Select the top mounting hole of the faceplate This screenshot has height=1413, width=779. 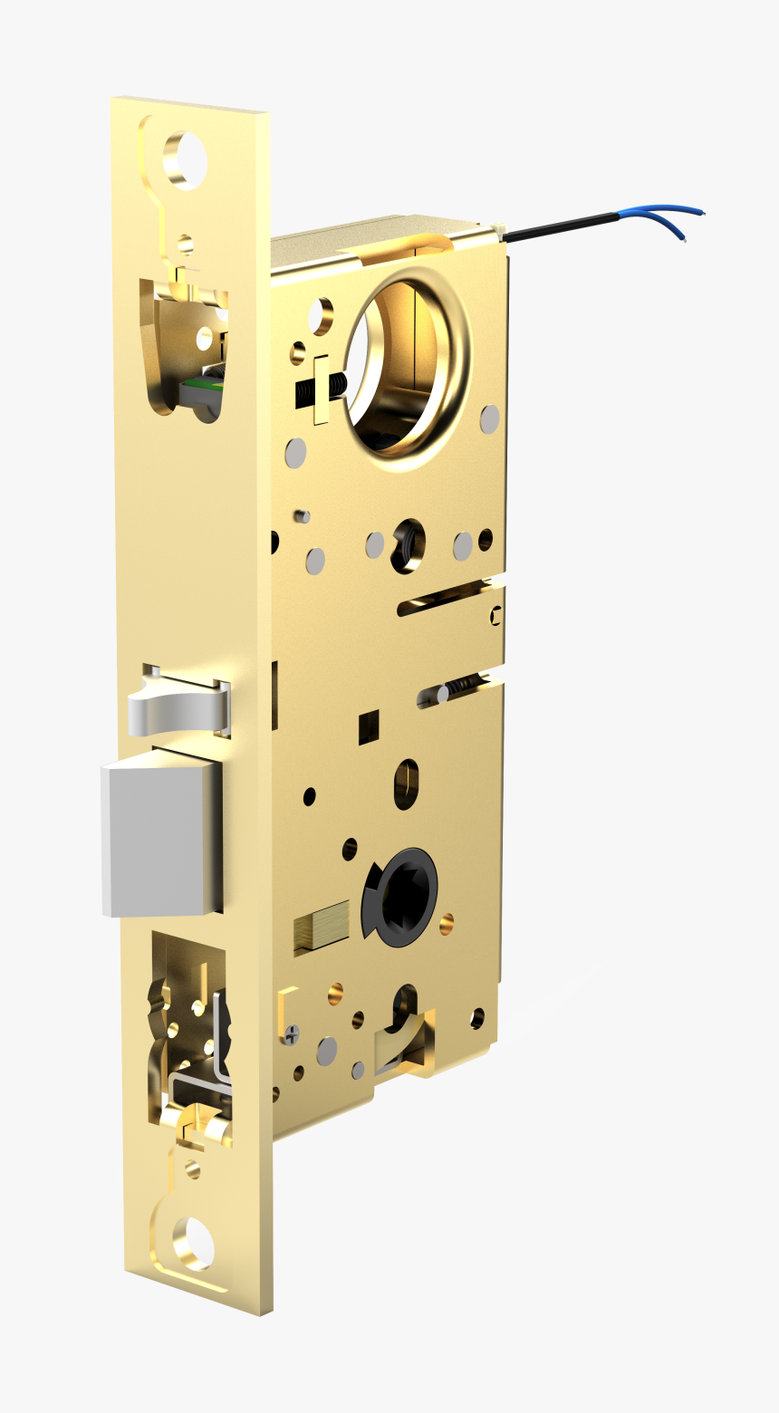[x=186, y=160]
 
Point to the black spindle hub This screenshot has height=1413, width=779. [x=401, y=895]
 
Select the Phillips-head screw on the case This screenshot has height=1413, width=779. [x=290, y=1032]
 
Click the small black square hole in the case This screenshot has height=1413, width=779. [x=368, y=727]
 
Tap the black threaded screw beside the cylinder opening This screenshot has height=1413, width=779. [x=334, y=388]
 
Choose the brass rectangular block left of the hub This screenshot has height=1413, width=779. [x=322, y=926]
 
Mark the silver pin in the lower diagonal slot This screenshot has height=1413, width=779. [x=443, y=694]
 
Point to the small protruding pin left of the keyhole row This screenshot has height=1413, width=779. [x=302, y=516]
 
